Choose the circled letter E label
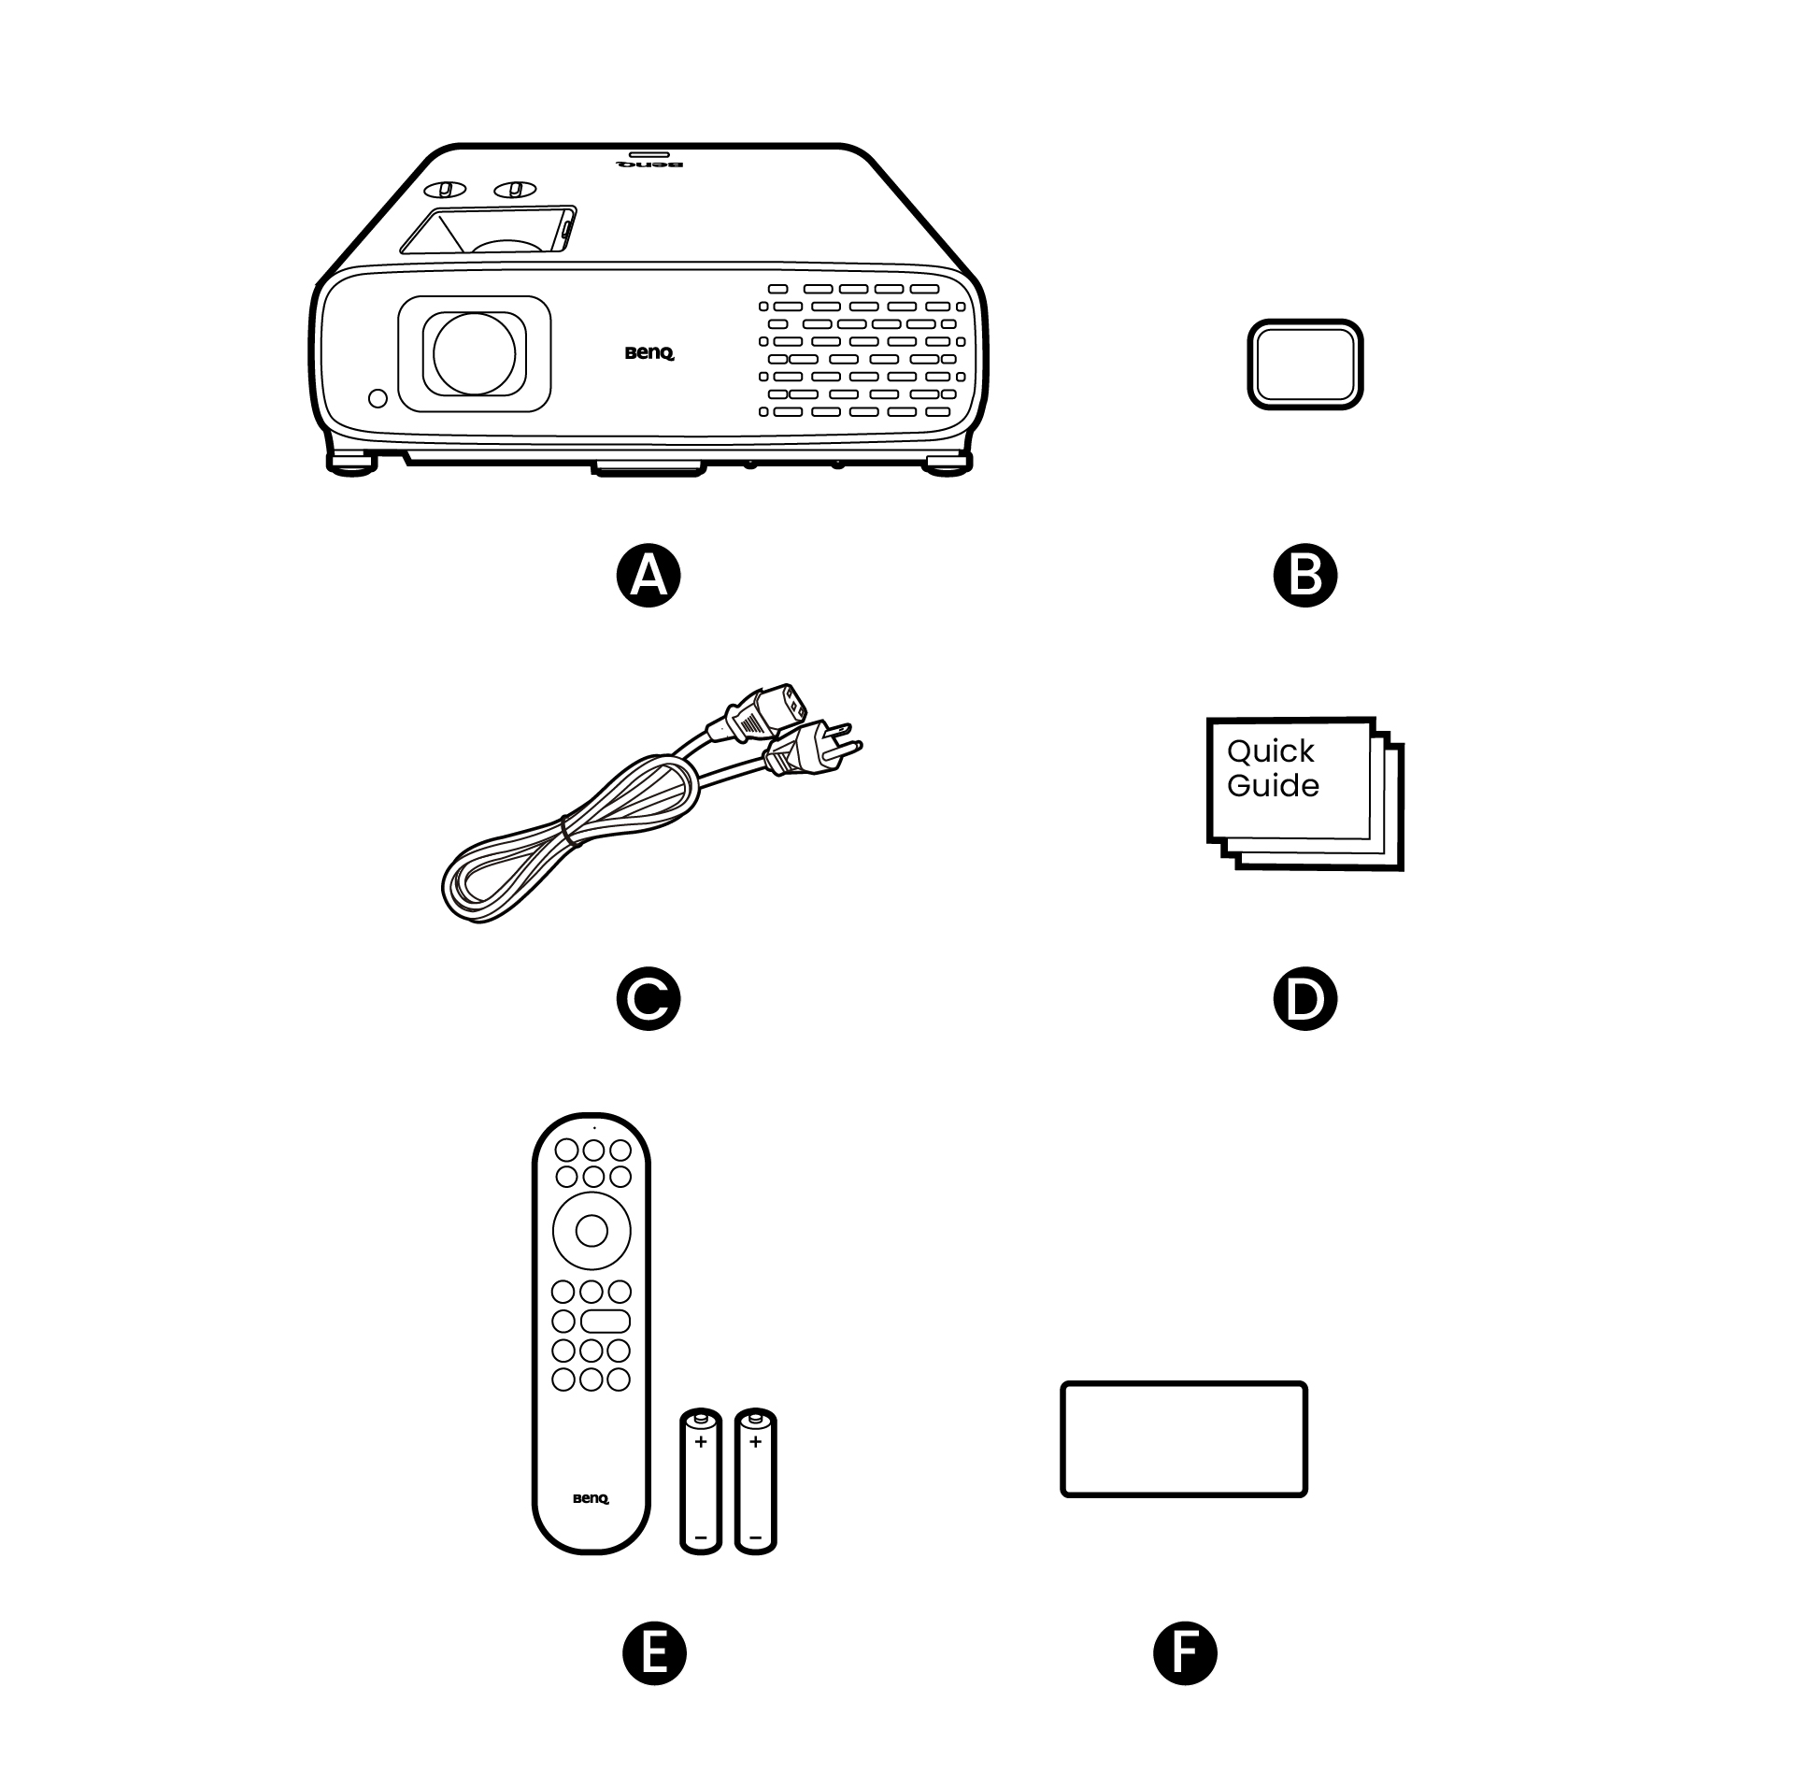pyautogui.click(x=654, y=1653)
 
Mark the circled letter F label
pyautogui.click(x=1186, y=1653)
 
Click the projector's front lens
pyautogui.click(x=475, y=354)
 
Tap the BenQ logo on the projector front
pyautogui.click(x=649, y=353)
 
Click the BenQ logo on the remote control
pyautogui.click(x=591, y=1498)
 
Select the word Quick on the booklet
pyautogui.click(x=1270, y=751)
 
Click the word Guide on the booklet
pyautogui.click(x=1273, y=785)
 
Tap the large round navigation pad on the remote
pyautogui.click(x=592, y=1231)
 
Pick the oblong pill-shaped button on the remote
pyautogui.click(x=606, y=1321)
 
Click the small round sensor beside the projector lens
pyautogui.click(x=378, y=398)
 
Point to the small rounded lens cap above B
pyautogui.click(x=1305, y=365)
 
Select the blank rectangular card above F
pyautogui.click(x=1184, y=1439)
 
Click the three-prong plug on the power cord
pyautogui.click(x=811, y=748)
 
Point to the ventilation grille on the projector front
pyautogui.click(x=861, y=350)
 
